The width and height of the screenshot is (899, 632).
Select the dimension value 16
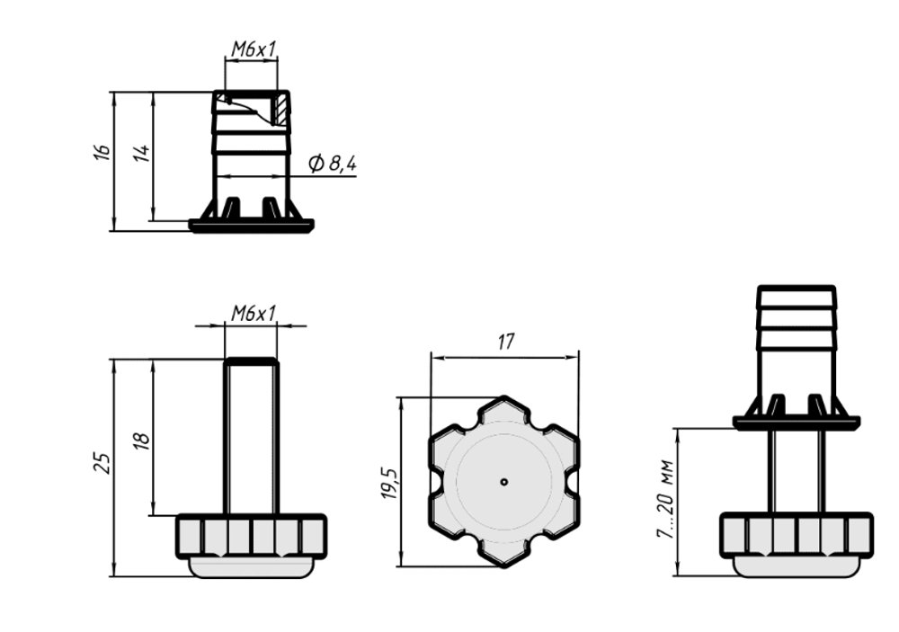[x=102, y=152]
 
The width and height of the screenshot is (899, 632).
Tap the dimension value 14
[x=142, y=153]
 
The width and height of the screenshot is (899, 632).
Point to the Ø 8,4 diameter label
[x=333, y=164]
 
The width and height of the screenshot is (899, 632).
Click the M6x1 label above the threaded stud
[x=254, y=313]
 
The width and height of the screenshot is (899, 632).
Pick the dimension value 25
[x=102, y=463]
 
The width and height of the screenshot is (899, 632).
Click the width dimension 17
[x=505, y=342]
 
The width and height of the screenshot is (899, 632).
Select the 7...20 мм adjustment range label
[x=665, y=498]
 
